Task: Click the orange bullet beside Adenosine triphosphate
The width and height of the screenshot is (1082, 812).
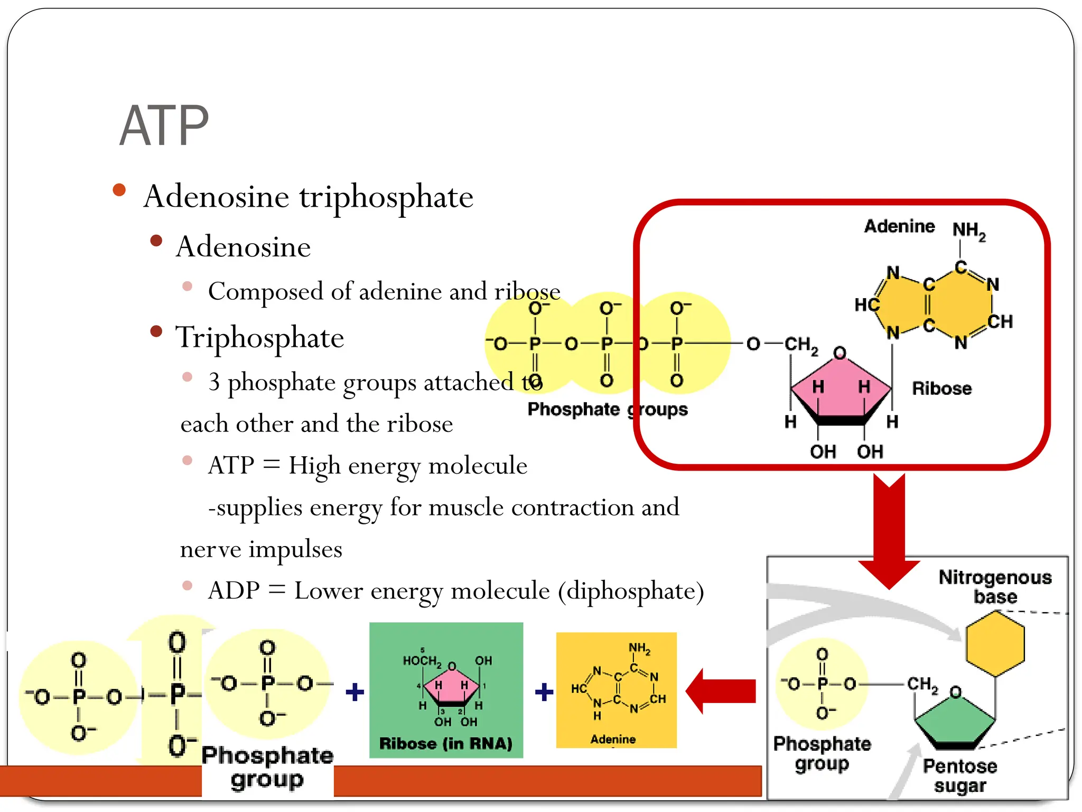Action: [119, 190]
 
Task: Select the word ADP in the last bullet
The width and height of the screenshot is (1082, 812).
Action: [234, 590]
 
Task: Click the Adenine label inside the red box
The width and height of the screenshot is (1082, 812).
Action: [899, 226]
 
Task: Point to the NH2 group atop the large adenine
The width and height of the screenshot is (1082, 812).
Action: [968, 231]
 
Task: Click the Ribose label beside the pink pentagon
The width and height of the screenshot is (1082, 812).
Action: [941, 389]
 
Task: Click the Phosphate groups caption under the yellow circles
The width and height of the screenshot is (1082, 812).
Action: [608, 410]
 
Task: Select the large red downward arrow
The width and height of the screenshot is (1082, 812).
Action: [889, 529]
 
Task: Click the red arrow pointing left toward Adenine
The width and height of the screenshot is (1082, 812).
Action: [721, 691]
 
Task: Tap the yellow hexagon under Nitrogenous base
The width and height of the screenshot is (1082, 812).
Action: [995, 643]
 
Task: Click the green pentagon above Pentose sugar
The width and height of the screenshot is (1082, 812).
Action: [955, 722]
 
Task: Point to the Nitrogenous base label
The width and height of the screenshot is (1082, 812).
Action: [995, 586]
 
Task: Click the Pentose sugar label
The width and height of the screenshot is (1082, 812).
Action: [960, 776]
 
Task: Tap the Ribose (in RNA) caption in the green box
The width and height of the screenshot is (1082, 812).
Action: [446, 744]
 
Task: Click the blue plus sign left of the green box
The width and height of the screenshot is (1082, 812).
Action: [355, 691]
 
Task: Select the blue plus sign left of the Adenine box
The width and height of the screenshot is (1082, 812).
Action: [544, 691]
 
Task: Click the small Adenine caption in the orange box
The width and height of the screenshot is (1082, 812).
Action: [613, 739]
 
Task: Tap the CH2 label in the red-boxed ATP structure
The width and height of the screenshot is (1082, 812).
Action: [801, 345]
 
